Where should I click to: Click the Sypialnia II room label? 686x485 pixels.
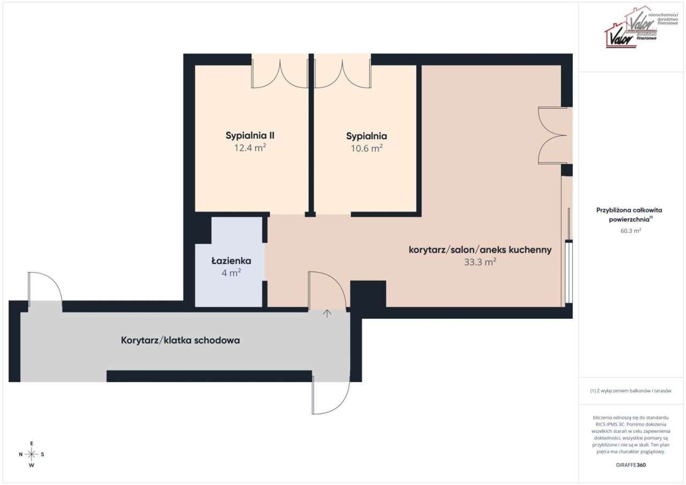coord(250,136)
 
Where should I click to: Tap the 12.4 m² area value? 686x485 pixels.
coord(250,148)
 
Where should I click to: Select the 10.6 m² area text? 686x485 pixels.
coord(367,148)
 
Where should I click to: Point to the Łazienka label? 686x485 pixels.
coord(231,261)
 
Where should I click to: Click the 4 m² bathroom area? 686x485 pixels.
coord(231,272)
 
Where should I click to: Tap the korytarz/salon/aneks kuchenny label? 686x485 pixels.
coord(480,250)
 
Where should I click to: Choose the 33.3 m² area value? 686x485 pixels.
coord(480,262)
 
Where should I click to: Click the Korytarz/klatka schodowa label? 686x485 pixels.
coord(180,340)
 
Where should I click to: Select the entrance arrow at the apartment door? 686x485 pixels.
coord(327,314)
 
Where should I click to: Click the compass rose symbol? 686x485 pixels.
coord(32,454)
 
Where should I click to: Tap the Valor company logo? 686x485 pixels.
coord(632,27)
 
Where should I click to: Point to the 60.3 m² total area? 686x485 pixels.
coord(630,231)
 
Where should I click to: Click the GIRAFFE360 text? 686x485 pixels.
coord(631,465)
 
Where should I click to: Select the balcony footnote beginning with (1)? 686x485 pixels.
coord(630,391)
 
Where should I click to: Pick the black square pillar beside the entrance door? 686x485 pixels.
coord(368,294)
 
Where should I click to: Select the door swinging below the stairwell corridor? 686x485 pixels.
coord(330,396)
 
